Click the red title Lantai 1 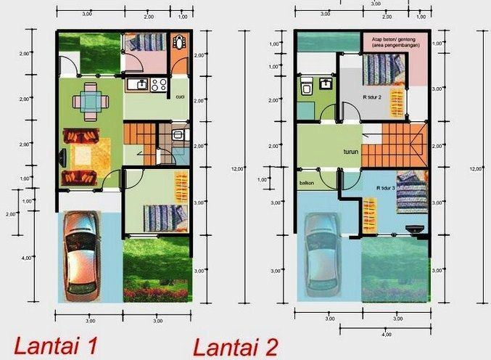(x=55, y=345)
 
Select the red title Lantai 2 (x=235, y=345)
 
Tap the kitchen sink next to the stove (x=135, y=86)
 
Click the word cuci (x=179, y=95)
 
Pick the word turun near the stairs (x=351, y=153)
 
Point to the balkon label (x=305, y=183)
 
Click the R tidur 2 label (x=373, y=96)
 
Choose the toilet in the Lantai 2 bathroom (x=307, y=89)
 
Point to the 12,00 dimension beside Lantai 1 (x=238, y=169)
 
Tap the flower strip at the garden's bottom (x=156, y=295)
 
